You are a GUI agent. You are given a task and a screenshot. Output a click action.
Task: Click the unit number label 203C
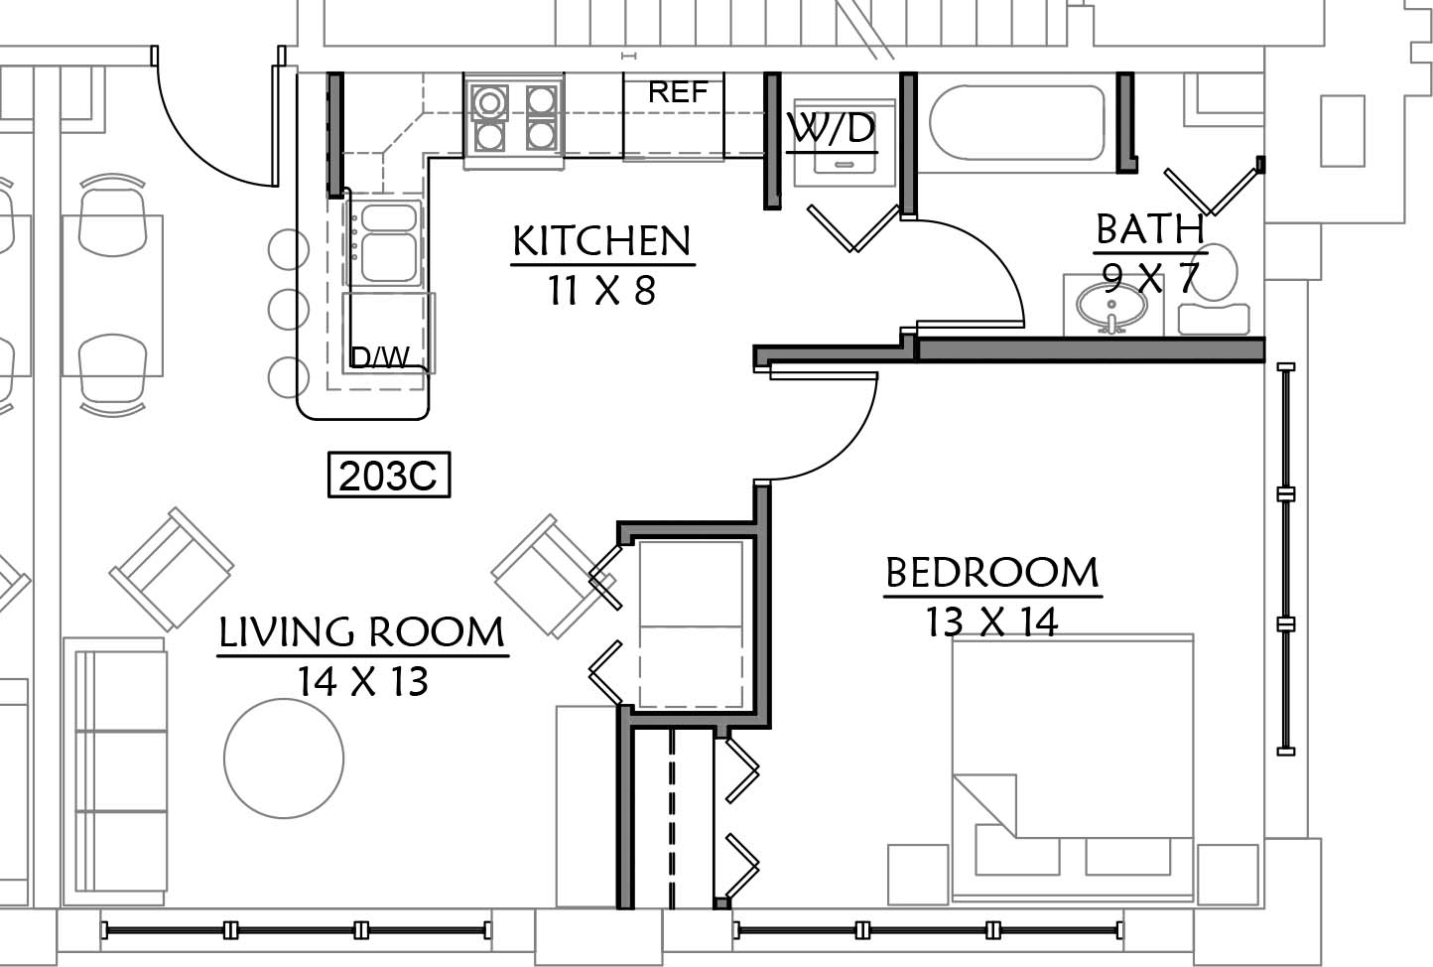388,475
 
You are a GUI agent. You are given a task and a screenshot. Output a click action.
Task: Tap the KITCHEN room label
602,241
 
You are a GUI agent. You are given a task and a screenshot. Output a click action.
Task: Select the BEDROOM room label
992,573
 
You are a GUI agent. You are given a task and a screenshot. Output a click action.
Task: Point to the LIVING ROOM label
362,632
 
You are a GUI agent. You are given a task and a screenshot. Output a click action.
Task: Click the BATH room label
1149,229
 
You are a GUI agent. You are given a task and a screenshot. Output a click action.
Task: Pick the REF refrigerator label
678,92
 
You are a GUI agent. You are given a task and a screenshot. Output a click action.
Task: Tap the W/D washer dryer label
831,128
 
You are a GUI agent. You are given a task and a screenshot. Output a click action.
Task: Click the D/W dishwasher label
380,357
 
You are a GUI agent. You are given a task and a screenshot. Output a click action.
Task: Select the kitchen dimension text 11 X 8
602,291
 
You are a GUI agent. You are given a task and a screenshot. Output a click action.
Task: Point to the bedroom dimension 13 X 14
992,622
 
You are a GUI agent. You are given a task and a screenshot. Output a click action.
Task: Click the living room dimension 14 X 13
363,681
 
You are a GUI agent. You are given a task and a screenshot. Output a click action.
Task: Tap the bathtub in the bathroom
1016,123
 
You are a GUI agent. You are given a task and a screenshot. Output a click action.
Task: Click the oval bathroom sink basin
1111,306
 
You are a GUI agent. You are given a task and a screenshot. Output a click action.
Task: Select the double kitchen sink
388,243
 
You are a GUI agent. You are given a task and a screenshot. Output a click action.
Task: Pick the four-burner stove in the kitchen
514,118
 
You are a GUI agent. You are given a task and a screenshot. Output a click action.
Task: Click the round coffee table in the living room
284,759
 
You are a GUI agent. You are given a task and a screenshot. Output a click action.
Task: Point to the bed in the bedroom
1073,768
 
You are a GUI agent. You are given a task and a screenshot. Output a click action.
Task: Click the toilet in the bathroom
1214,291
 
